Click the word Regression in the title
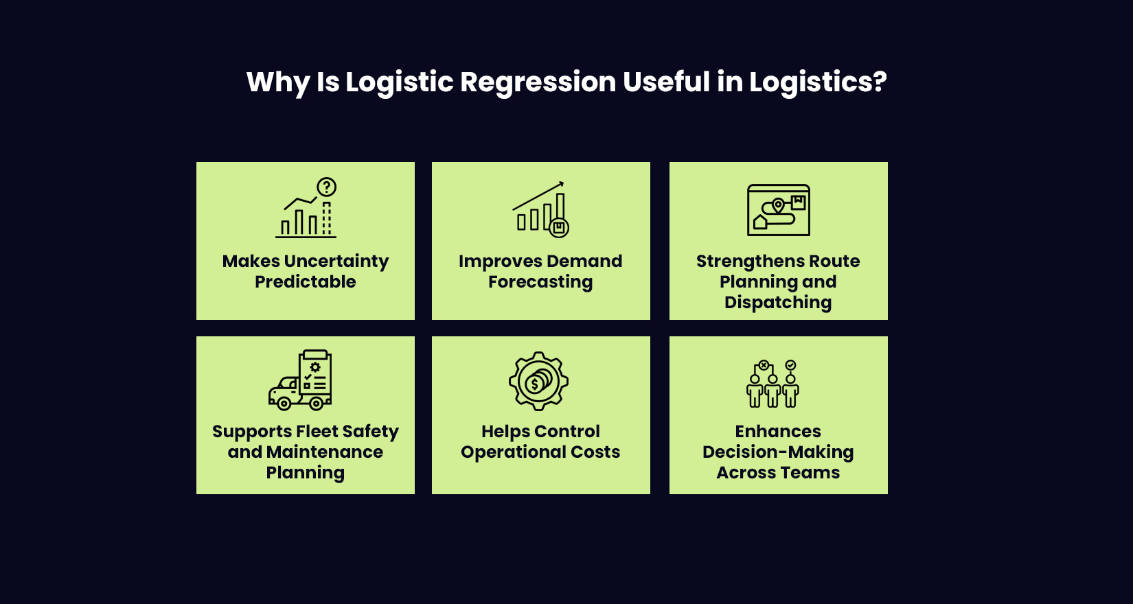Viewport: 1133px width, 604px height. click(538, 82)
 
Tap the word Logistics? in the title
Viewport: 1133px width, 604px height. click(817, 82)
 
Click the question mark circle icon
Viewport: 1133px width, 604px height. click(326, 187)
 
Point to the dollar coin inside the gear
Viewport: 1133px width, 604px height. click(536, 384)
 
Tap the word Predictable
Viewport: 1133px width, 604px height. click(306, 282)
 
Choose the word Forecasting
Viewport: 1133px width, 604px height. click(540, 282)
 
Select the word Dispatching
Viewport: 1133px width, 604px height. click(778, 303)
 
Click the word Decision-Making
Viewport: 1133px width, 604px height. click(778, 452)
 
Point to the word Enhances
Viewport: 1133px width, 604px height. click(778, 432)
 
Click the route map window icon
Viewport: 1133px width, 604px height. click(779, 210)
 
